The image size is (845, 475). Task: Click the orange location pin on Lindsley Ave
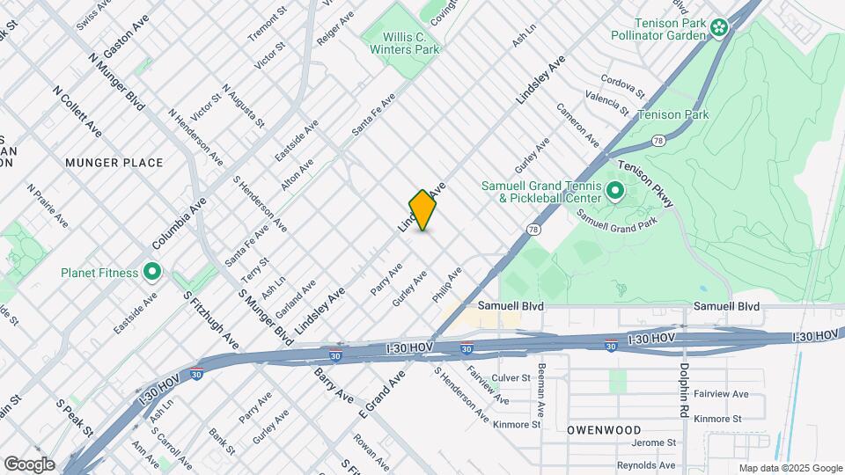(423, 210)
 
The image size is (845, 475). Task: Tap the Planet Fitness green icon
(152, 272)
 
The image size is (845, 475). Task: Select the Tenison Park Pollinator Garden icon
(720, 28)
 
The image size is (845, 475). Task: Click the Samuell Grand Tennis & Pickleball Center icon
(614, 190)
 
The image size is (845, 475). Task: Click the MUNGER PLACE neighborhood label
(114, 163)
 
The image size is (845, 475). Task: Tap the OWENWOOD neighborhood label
(604, 430)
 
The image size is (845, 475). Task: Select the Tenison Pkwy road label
(645, 185)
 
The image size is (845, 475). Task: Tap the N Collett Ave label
(78, 112)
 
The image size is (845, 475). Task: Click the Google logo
(29, 464)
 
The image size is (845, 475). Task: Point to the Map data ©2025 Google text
(790, 468)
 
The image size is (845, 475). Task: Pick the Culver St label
(511, 378)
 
